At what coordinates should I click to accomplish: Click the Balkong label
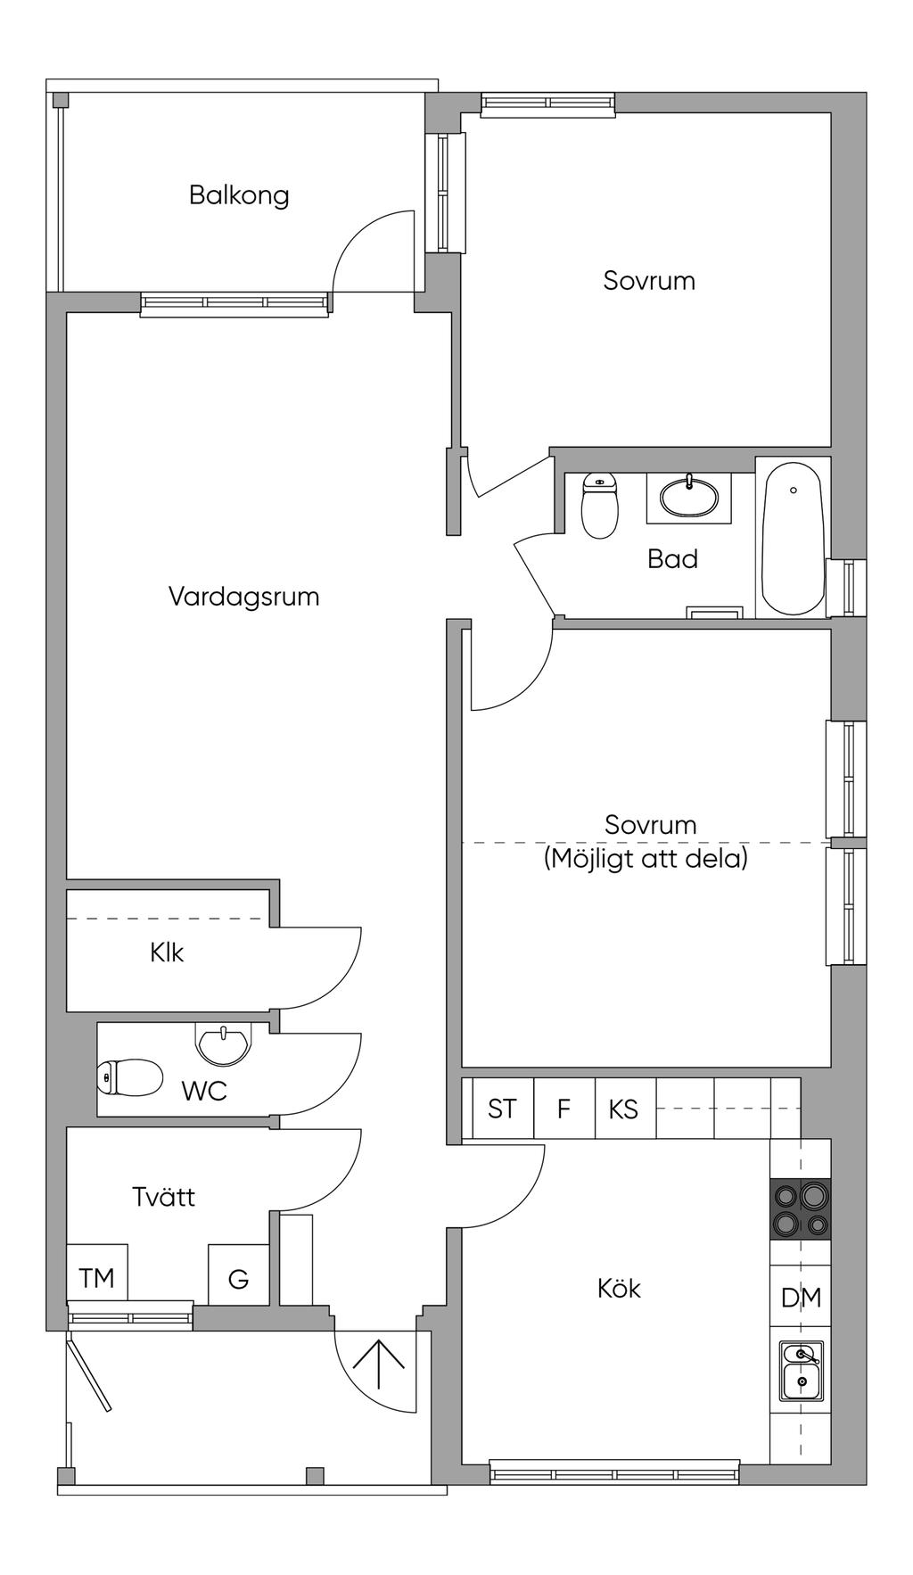[239, 195]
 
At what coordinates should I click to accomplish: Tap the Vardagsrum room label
[244, 597]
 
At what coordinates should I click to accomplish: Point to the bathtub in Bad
[793, 538]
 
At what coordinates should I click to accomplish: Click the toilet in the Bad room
[599, 506]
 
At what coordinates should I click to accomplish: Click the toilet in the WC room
[129, 1077]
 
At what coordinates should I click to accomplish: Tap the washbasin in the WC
[223, 1044]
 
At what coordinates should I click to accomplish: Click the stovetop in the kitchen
[801, 1209]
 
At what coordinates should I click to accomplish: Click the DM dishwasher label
[801, 1299]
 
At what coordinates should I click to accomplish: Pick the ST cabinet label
[502, 1109]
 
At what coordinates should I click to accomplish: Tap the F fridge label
[563, 1109]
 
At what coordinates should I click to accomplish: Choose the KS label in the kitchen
[623, 1109]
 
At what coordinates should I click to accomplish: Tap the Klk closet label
[167, 952]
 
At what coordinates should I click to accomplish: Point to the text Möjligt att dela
[646, 859]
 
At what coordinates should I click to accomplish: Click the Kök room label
[619, 1288]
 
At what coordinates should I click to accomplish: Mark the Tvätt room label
[163, 1197]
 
